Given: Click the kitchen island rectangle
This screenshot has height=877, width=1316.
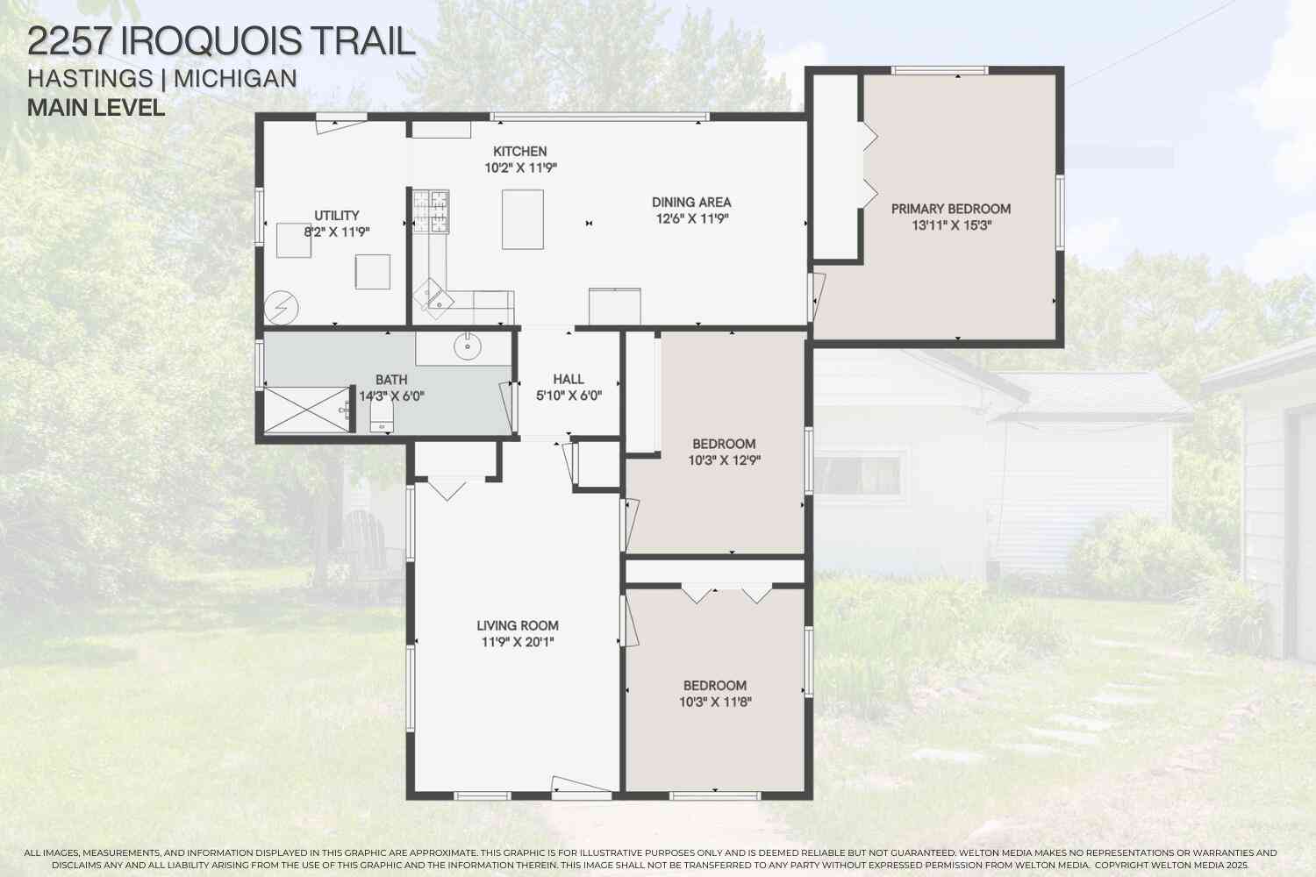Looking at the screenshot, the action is (522, 219).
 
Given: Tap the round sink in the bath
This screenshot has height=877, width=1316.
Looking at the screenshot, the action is (468, 346).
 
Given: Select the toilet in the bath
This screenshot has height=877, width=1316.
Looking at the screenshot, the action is (382, 417).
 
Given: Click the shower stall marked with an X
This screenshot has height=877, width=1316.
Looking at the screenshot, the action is (307, 410).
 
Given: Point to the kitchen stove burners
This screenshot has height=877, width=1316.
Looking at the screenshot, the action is (431, 210).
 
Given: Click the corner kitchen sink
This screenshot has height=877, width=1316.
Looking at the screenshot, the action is (433, 298).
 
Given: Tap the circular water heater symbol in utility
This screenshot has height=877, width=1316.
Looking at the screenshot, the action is (281, 308).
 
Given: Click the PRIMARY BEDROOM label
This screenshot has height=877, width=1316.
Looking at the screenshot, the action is (950, 209).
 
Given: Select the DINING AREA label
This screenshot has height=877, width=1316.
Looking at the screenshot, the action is (691, 202).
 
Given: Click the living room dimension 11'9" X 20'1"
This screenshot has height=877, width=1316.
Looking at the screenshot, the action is (518, 642).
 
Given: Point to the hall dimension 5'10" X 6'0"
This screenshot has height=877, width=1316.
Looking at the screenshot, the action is (569, 396).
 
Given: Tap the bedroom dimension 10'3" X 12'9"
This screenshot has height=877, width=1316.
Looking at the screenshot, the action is (724, 460).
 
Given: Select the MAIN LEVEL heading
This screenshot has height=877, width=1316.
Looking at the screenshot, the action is (97, 108).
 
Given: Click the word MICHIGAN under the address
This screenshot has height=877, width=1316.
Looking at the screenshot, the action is (235, 79).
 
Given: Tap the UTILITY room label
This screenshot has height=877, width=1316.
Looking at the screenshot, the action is (336, 216).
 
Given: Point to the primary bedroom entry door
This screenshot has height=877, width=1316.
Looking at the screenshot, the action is (816, 296).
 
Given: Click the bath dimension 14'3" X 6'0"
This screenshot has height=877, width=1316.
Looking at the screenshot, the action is (391, 396).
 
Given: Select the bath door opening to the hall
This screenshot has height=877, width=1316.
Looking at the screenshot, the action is (507, 409).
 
